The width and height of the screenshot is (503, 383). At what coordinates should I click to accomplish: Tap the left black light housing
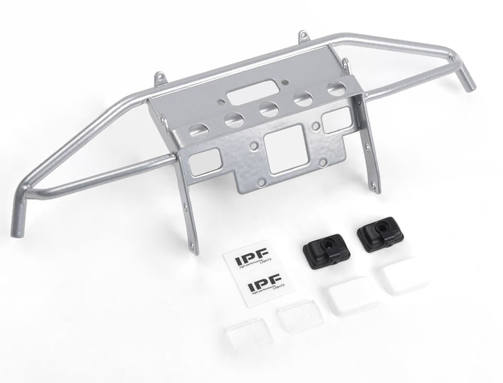[x=326, y=251]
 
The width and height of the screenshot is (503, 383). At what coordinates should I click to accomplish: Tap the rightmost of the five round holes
[x=336, y=88]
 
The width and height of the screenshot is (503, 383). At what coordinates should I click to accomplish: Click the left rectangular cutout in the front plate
[x=205, y=162]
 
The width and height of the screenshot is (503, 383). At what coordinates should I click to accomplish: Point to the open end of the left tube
[x=17, y=232]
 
